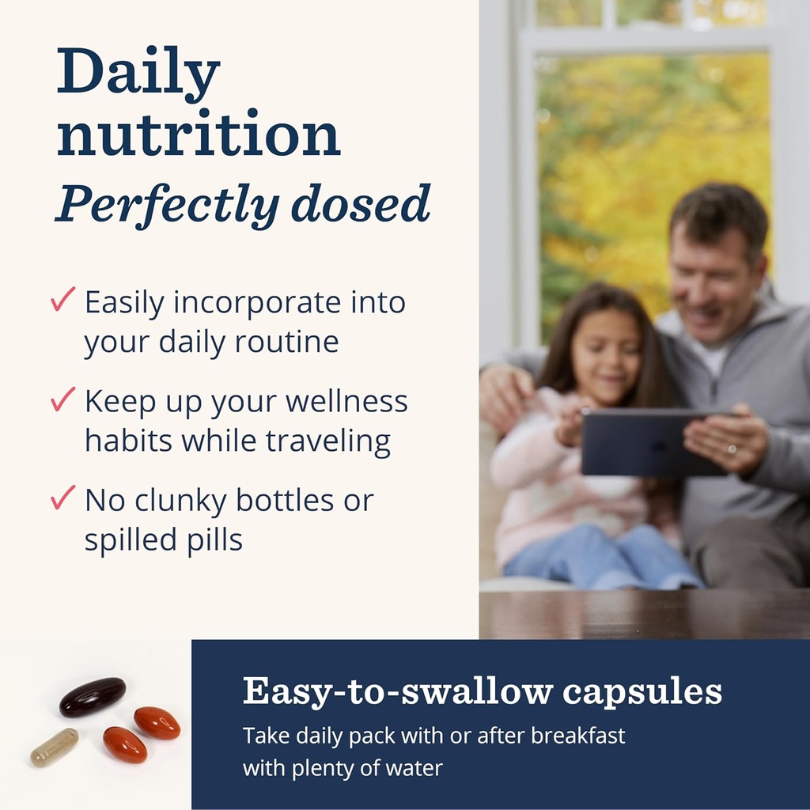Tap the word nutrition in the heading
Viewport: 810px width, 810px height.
coord(199,135)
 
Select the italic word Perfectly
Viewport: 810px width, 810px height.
coord(166,203)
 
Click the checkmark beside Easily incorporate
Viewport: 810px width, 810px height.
coord(62,300)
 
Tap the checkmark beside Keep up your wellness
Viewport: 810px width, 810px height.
coord(62,399)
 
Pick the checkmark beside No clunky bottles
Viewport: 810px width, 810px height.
coord(62,498)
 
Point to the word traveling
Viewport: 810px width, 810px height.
coord(328,441)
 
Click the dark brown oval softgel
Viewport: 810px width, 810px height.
coord(93,696)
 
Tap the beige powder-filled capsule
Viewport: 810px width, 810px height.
coord(55,748)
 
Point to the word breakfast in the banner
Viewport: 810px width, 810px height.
coord(578,735)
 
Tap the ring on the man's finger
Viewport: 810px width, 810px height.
coord(733,450)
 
